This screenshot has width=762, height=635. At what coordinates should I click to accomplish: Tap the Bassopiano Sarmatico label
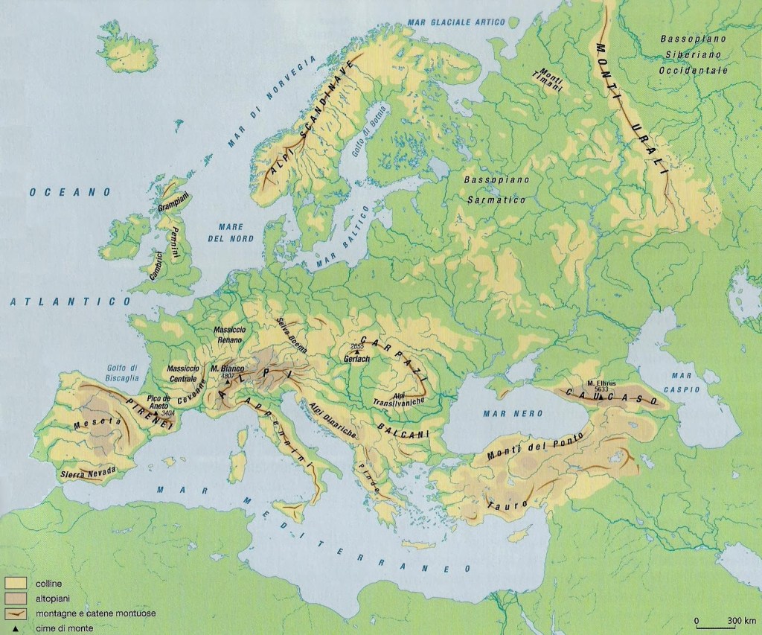click(x=494, y=191)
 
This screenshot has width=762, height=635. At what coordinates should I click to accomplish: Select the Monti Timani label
click(x=551, y=76)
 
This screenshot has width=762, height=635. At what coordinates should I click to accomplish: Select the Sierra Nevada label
click(x=87, y=471)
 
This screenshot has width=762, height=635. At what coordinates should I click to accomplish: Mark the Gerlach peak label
click(x=357, y=359)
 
